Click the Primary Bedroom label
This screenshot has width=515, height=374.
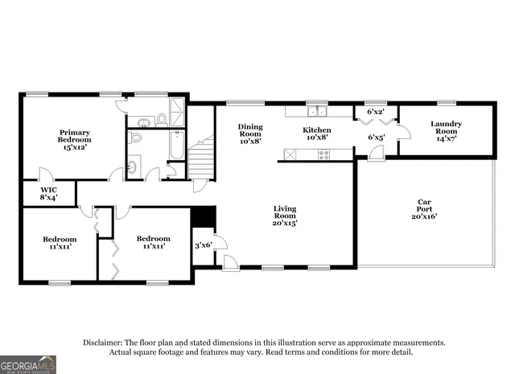click(73, 139)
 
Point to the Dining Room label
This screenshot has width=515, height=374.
click(249, 133)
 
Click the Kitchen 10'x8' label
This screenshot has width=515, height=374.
click(317, 133)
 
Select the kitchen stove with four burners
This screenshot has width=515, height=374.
click(323, 154)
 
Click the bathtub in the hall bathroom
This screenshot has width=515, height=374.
click(175, 144)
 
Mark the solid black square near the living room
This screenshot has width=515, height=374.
click(204, 218)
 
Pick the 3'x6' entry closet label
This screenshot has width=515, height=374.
click(204, 245)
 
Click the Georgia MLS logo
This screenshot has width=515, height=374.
click(28, 364)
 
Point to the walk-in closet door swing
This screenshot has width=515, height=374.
click(46, 175)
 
